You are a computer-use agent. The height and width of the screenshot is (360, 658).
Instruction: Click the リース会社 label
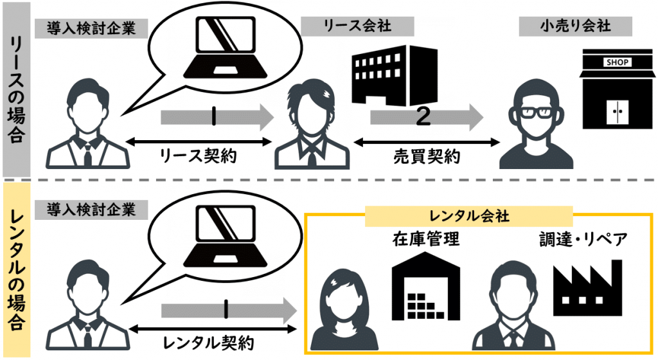[357, 26]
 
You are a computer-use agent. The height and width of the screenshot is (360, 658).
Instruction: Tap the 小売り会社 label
[575, 26]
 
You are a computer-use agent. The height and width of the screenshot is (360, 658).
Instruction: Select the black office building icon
[389, 79]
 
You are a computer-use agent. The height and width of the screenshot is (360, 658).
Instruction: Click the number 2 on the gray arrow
[422, 116]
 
